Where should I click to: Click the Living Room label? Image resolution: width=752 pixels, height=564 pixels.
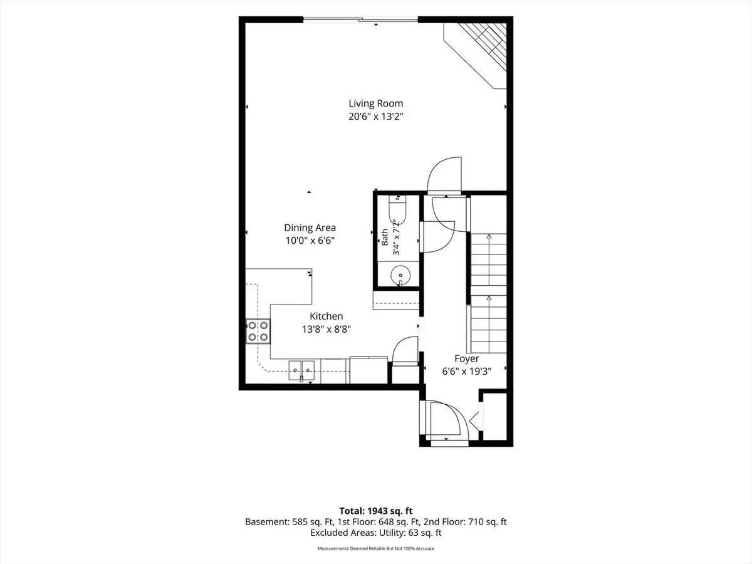click(x=376, y=103)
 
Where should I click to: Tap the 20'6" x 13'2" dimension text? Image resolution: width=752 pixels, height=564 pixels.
click(x=376, y=117)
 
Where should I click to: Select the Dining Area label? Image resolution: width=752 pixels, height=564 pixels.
click(x=310, y=227)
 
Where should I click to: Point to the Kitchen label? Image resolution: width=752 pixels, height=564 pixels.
click(x=326, y=316)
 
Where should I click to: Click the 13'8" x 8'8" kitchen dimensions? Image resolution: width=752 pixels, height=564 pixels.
click(x=326, y=329)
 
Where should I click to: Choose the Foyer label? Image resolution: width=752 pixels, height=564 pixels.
click(x=467, y=358)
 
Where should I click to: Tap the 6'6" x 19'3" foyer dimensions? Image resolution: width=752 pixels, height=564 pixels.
click(x=467, y=372)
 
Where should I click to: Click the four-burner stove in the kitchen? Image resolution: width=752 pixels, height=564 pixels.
click(x=258, y=331)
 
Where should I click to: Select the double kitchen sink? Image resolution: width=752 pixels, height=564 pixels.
click(x=301, y=370)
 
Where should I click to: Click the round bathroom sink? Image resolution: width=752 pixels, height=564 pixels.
click(x=400, y=275)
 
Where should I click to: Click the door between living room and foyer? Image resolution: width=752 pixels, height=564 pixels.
click(x=444, y=175)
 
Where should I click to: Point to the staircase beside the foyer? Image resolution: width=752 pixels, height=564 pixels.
click(x=489, y=293)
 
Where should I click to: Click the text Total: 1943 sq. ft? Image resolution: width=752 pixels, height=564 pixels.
click(x=376, y=511)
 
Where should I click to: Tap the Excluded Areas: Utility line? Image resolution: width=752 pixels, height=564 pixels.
click(x=376, y=533)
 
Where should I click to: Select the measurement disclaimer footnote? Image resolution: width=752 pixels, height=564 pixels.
click(x=376, y=548)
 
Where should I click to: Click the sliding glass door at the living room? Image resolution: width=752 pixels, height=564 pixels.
click(x=360, y=20)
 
